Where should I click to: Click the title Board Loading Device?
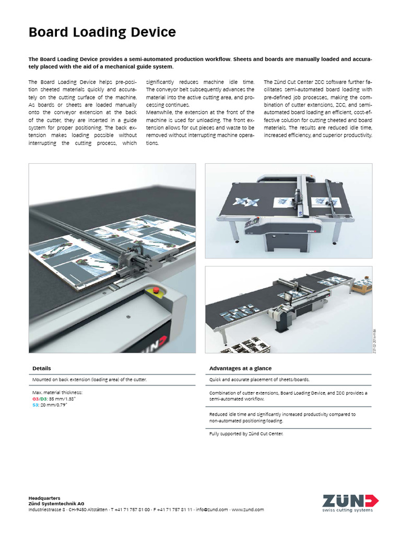tap(102, 33)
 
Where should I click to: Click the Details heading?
tap(41, 368)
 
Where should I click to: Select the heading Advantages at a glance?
tap(240, 368)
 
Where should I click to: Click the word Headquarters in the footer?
tap(44, 497)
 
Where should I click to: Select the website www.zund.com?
tap(247, 509)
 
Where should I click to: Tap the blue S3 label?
tap(35, 404)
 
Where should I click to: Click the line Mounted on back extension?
tap(89, 380)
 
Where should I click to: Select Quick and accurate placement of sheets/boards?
tap(263, 380)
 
